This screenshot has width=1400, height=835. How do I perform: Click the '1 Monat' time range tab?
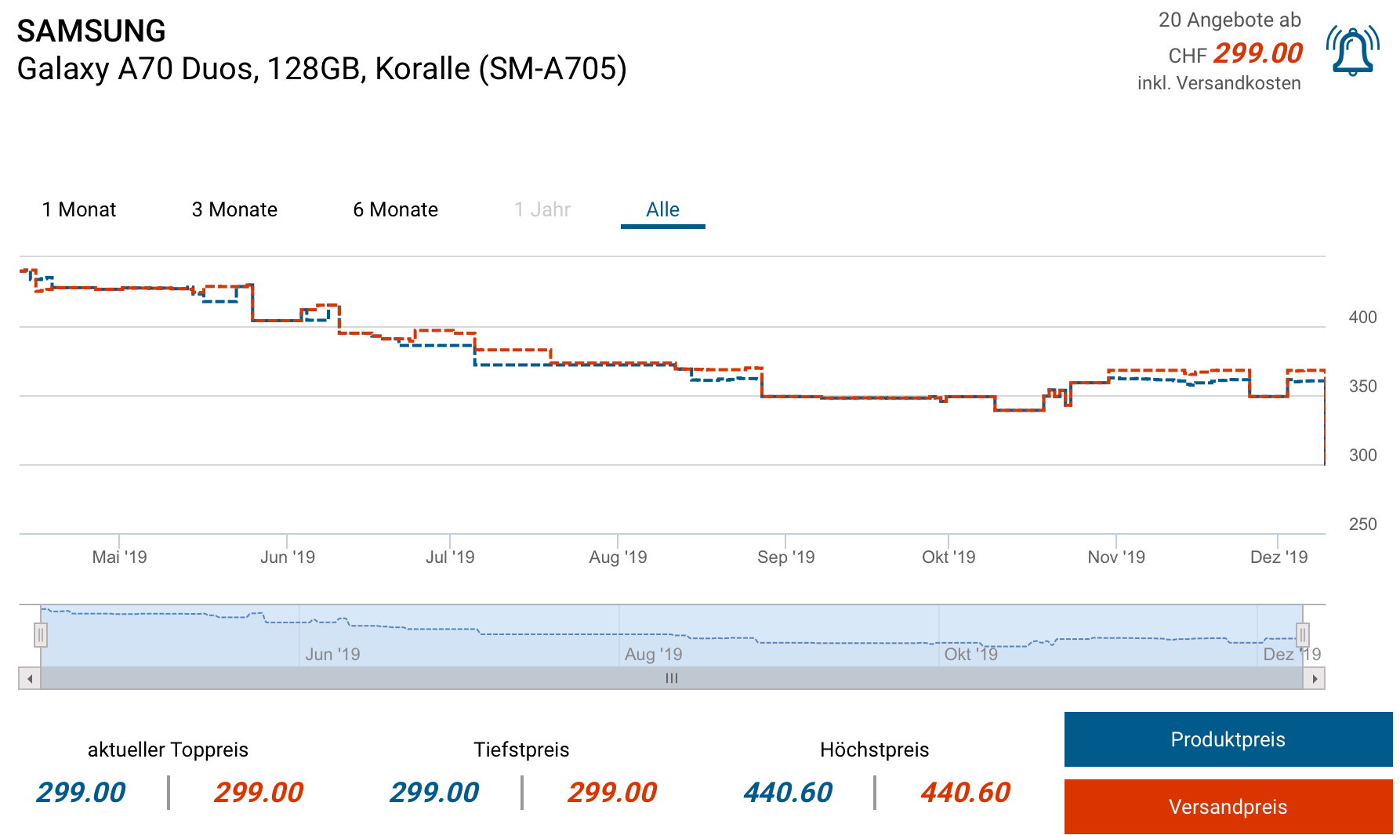(x=79, y=210)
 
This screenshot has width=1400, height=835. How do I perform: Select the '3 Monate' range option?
(x=234, y=210)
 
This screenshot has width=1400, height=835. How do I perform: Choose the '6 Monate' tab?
(x=395, y=210)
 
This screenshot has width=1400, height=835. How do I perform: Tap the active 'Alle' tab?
(x=662, y=210)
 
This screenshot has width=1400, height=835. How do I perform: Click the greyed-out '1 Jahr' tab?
(x=542, y=210)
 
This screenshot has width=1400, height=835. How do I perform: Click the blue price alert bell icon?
(x=1353, y=52)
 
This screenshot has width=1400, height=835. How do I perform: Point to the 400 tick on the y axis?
(x=1362, y=318)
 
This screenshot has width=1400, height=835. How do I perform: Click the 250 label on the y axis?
(x=1362, y=525)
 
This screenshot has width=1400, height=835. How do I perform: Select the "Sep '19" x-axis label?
(x=785, y=557)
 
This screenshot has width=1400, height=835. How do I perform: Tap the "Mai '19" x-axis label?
(x=119, y=557)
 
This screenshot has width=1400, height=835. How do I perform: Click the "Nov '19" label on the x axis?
(x=1116, y=557)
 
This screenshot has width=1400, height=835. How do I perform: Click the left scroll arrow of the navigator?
(x=30, y=679)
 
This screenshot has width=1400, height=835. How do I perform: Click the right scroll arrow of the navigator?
(x=1315, y=679)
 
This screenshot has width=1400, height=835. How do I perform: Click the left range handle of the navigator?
(x=41, y=634)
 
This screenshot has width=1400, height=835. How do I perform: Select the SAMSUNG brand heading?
(x=91, y=31)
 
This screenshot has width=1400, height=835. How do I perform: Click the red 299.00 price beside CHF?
(x=1258, y=53)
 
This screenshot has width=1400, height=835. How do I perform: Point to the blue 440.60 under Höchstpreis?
(x=788, y=793)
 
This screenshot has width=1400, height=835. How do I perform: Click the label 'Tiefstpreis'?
(x=521, y=750)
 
